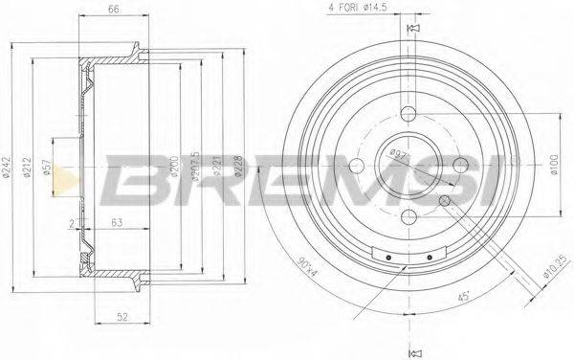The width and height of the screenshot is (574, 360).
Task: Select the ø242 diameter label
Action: click(8, 169)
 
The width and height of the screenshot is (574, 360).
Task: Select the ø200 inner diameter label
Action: click(174, 169)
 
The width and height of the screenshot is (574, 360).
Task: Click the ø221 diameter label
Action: click(216, 169)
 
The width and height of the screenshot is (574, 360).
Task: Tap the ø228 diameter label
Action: click(239, 169)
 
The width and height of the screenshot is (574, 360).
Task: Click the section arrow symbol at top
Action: click(413, 32)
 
